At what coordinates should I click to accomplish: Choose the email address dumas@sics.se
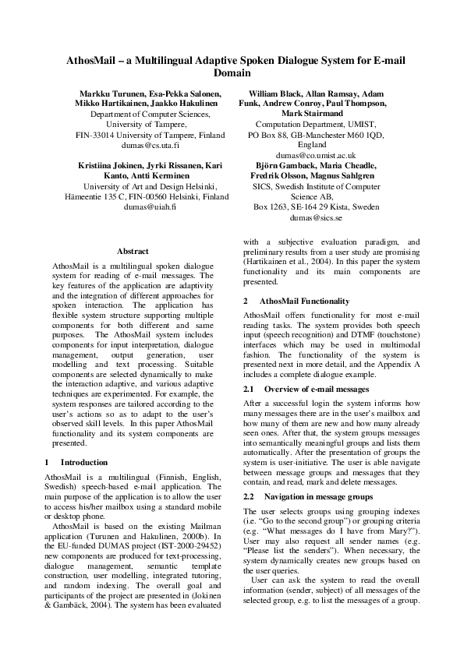pyautogui.click(x=311, y=219)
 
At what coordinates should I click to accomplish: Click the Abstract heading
pyautogui.click(x=133, y=251)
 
